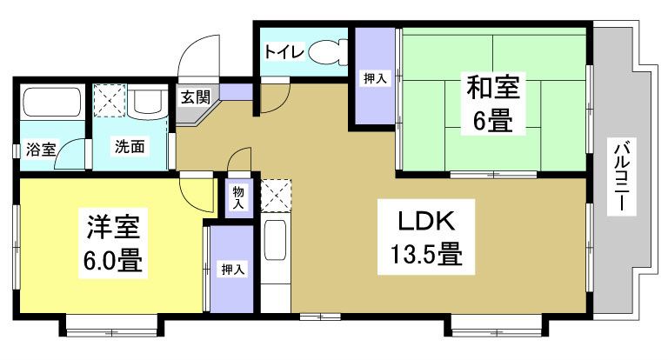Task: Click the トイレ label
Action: [x=284, y=52]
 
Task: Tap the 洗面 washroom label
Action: [x=130, y=147]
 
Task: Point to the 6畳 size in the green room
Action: [x=493, y=123]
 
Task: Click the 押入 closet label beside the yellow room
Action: [x=232, y=270]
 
